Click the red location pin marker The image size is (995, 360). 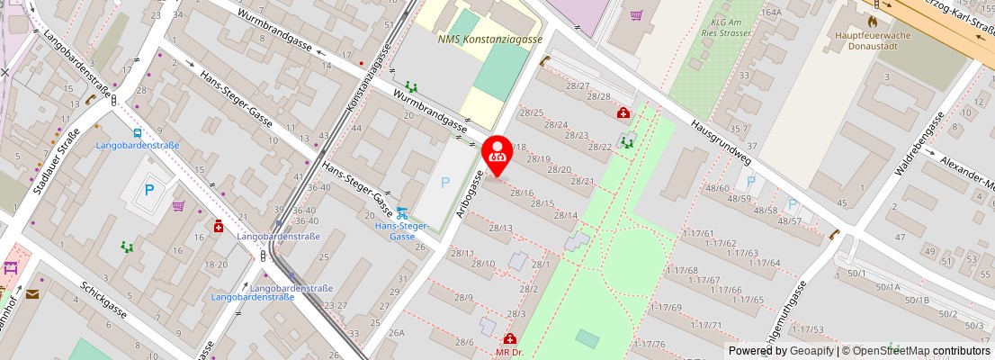[497, 150]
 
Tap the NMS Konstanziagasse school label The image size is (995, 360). [490, 40]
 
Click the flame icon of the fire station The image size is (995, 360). [872, 20]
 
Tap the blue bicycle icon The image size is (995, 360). [401, 213]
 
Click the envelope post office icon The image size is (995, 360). [32, 294]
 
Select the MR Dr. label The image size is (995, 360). [509, 352]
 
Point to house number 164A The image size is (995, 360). [770, 13]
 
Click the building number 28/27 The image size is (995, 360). [578, 85]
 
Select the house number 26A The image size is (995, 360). [396, 333]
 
